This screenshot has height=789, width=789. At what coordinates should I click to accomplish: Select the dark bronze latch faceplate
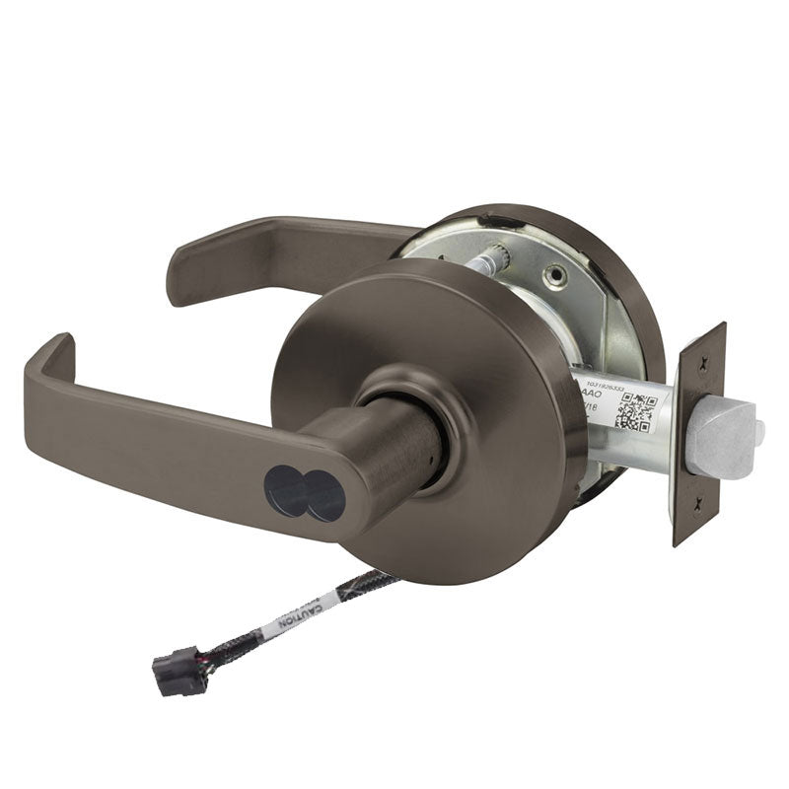[699, 434]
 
